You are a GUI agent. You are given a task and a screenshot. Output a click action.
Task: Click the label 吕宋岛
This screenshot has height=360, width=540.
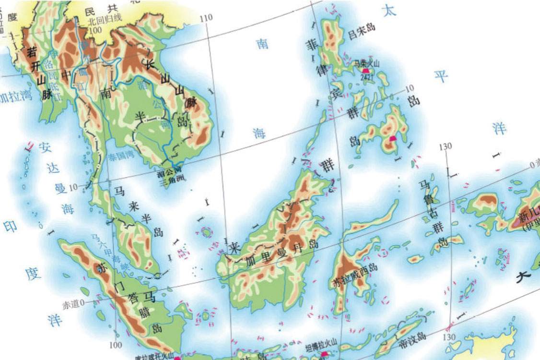pos(362,34)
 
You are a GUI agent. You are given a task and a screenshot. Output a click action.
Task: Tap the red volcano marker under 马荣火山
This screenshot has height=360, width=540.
pos(365,70)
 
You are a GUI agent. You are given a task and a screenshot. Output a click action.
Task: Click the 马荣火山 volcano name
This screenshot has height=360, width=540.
pos(366,63)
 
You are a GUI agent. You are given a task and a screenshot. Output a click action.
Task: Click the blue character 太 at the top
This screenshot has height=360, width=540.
pos(390,12)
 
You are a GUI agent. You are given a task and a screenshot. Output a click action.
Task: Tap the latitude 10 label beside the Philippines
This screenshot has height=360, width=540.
pos(409,88)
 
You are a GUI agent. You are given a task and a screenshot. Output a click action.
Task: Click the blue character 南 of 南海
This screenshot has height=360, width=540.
pos(262,44)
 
